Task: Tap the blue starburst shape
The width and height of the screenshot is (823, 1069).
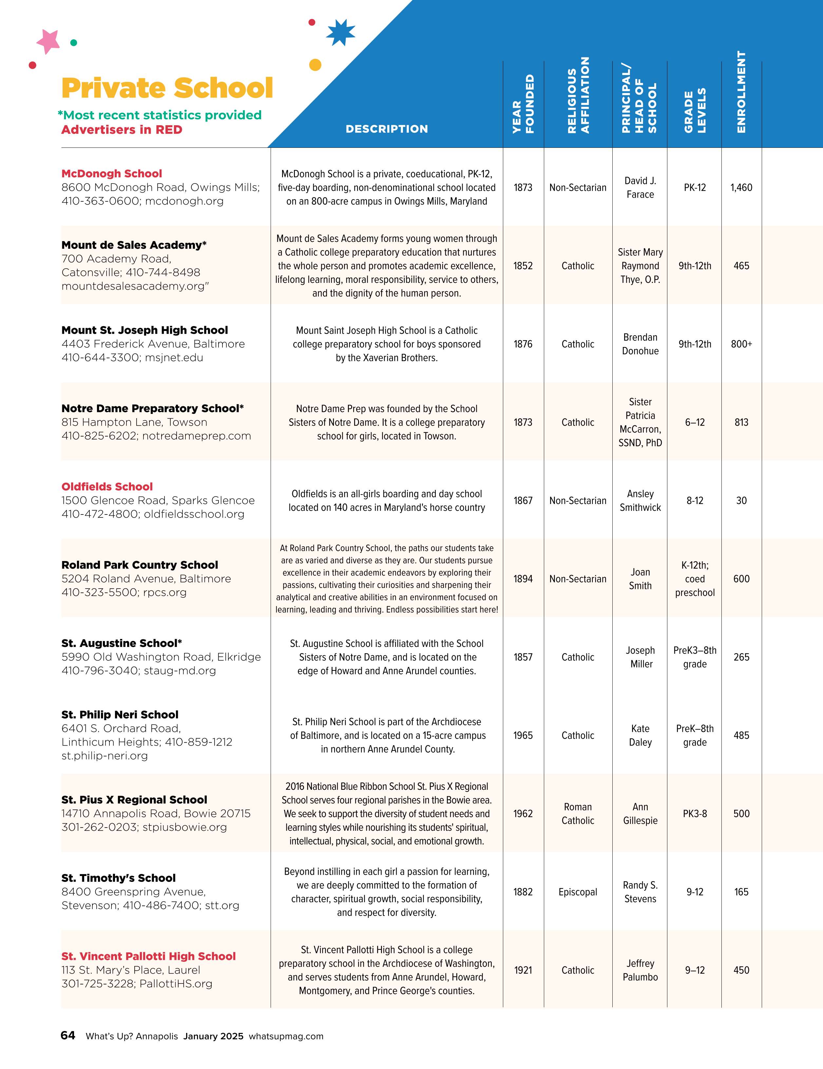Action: click(340, 33)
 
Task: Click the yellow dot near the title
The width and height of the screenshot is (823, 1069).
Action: click(315, 65)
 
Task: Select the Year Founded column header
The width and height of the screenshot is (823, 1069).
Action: click(523, 104)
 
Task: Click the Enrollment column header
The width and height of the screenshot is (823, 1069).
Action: click(741, 92)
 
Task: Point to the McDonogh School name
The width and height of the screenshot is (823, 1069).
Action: click(112, 174)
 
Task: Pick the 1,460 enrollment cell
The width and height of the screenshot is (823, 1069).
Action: click(741, 187)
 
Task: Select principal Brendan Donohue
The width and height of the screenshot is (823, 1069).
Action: click(640, 344)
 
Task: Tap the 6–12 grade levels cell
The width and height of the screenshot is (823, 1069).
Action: click(695, 422)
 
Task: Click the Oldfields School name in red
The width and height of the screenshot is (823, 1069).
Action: click(107, 487)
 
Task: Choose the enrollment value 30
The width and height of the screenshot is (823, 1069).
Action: click(741, 501)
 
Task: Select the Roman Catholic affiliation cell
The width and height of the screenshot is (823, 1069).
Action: click(578, 813)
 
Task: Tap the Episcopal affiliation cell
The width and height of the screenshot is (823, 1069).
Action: click(578, 892)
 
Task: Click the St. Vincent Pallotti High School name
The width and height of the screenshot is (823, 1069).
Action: click(148, 956)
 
